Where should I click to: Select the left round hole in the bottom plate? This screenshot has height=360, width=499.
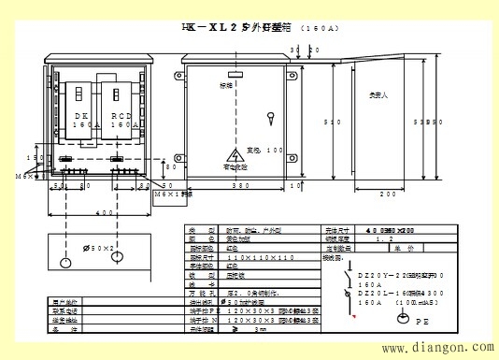pos(64,259)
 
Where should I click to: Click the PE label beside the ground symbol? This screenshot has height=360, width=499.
pos(421,319)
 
